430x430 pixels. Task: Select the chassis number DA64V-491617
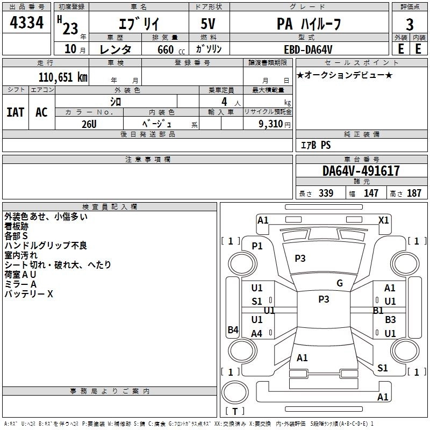coord(361,171)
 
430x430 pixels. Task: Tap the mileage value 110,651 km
coord(63,77)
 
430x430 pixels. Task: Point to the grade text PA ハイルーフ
coord(308,24)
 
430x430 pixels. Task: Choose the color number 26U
coord(89,123)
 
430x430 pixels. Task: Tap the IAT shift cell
coord(16,112)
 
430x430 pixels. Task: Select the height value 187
coord(414,193)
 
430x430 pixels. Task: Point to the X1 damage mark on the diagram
coord(384,220)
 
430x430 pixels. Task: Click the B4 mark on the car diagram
coord(233,330)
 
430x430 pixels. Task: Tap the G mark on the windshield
coord(339,283)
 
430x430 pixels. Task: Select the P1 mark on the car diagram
coord(257,246)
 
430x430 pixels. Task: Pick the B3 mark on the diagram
coord(390,319)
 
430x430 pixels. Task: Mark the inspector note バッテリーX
coord(29,294)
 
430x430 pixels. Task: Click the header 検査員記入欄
coord(110,207)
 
